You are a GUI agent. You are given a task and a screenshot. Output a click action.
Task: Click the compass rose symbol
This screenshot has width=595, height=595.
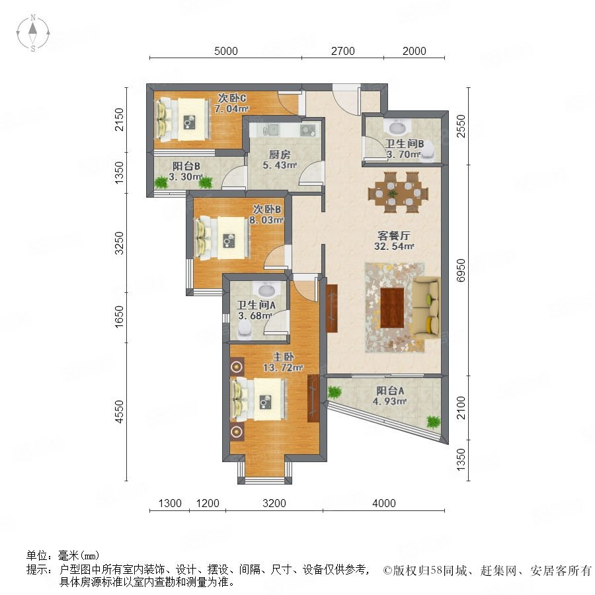point(33,33)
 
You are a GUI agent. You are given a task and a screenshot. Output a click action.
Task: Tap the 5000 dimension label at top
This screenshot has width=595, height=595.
point(226,51)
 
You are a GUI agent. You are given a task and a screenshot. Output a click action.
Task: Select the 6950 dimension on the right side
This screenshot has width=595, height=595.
point(460,270)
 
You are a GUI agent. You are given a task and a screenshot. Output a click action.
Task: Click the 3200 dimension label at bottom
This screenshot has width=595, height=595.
point(274,503)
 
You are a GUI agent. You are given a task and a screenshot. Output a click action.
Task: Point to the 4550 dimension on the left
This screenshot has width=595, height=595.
point(119,412)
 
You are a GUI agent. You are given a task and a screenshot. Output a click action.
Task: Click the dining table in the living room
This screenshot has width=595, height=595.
point(398,192)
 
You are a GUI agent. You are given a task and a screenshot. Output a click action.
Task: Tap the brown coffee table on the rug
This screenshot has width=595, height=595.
point(392,307)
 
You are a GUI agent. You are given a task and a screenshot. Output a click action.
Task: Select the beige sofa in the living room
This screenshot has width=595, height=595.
point(426,307)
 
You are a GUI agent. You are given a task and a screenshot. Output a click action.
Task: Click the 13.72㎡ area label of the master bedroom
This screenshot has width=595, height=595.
point(283,368)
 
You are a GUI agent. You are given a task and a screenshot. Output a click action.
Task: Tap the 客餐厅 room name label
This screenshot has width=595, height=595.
point(393,235)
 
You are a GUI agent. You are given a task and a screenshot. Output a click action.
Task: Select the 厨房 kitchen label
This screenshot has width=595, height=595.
point(279,155)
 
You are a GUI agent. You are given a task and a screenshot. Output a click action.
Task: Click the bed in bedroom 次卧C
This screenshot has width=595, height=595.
point(183,120)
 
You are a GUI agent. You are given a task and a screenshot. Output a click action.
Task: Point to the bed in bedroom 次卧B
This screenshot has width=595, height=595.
point(222,238)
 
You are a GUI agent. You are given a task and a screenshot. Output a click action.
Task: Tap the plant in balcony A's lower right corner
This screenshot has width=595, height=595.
point(433,422)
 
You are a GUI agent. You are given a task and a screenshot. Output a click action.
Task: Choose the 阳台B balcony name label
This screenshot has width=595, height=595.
point(186,166)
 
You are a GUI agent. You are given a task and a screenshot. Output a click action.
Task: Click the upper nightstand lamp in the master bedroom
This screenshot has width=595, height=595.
point(237,367)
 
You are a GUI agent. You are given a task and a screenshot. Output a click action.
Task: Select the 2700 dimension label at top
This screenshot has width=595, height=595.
point(342,51)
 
